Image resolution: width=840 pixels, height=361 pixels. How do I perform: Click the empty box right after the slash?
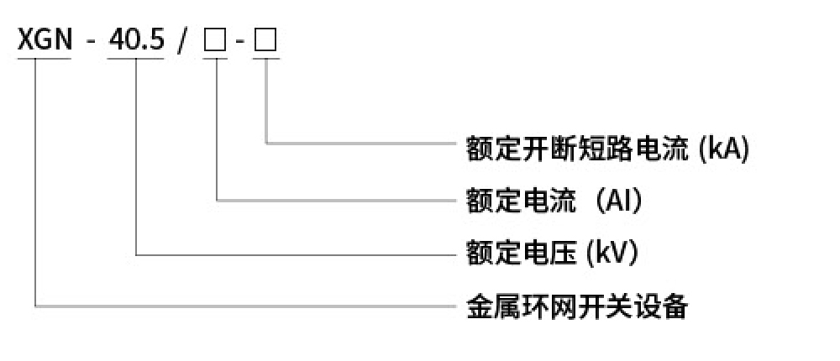(216, 42)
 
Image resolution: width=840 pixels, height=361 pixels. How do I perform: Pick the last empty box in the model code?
(265, 42)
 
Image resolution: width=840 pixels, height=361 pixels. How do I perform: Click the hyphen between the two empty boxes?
(241, 44)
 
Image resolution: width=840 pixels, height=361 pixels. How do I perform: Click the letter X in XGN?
(26, 41)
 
